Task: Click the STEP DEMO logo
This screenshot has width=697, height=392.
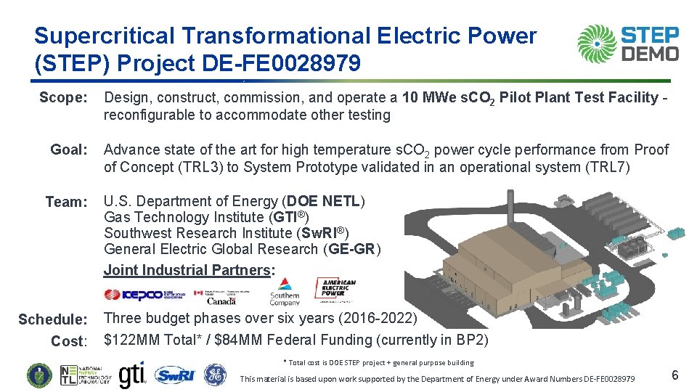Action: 628,44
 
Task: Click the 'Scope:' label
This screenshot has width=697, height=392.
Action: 63,97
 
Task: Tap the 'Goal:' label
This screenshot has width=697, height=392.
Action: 69,150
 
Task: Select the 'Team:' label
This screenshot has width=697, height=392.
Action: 66,202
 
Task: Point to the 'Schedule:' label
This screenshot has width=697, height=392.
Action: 52,319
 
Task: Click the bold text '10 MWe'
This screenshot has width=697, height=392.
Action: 426,97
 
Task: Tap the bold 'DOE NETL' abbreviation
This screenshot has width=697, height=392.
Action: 326,201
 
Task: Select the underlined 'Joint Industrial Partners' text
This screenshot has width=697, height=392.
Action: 187,270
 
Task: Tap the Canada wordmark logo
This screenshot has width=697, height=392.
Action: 221,300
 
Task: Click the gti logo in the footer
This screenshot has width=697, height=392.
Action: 133,375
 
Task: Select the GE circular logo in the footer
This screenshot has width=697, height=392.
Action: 214,375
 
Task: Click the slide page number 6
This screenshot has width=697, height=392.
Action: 674,375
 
